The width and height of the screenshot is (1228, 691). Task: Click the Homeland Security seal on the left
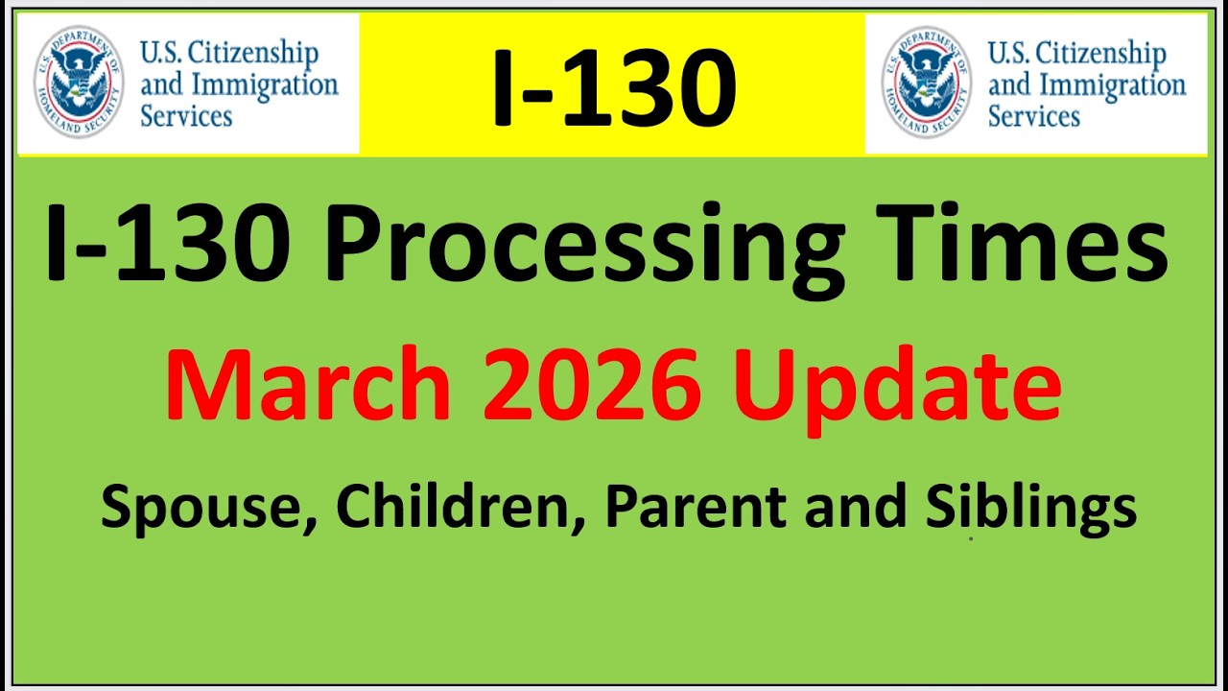point(79,82)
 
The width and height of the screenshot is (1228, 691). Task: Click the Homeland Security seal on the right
point(927,82)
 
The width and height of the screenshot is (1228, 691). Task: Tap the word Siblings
point(1030,506)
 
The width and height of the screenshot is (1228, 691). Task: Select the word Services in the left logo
point(186,116)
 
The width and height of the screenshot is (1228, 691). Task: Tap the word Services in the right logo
point(1034,116)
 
